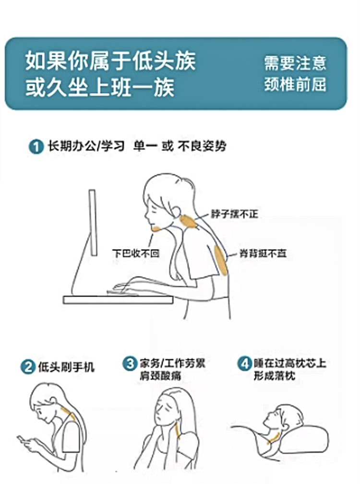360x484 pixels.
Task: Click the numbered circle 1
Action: (x=36, y=146)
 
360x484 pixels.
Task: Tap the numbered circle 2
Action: (x=28, y=367)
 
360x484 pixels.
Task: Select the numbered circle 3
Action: (x=130, y=363)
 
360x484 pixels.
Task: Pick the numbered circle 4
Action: (x=244, y=363)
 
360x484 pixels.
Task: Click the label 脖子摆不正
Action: (x=234, y=214)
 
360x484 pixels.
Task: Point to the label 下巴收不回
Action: (x=136, y=254)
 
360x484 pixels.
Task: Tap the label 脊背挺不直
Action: (x=263, y=254)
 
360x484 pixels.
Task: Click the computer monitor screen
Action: (x=93, y=223)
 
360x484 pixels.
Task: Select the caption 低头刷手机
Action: (x=66, y=367)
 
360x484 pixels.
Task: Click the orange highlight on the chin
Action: (x=156, y=229)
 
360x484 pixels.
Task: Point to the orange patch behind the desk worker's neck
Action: (x=189, y=222)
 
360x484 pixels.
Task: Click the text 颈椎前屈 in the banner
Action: (x=295, y=85)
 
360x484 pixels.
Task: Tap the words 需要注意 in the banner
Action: (x=295, y=62)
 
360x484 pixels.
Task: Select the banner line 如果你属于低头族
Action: (x=110, y=61)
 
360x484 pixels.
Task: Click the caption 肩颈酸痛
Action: (x=160, y=375)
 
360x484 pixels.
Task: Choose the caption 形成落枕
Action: (x=275, y=375)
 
